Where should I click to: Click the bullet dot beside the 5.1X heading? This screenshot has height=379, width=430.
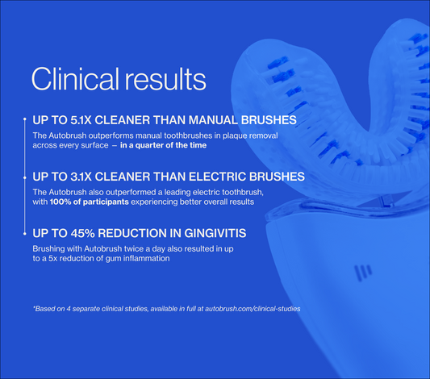(25, 119)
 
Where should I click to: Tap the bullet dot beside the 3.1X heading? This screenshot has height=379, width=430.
(25, 177)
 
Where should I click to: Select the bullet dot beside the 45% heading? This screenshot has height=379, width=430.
(25, 234)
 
